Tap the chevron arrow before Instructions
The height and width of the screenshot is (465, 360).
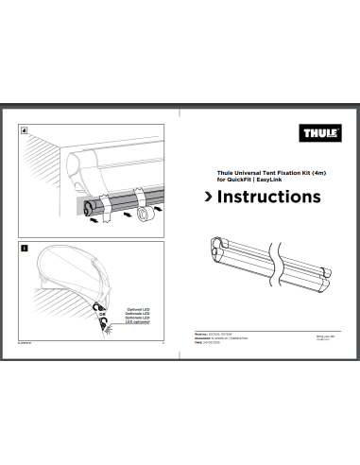coord(211,198)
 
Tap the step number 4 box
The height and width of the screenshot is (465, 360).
coord(24,129)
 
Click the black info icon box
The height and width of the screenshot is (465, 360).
coord(24,248)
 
